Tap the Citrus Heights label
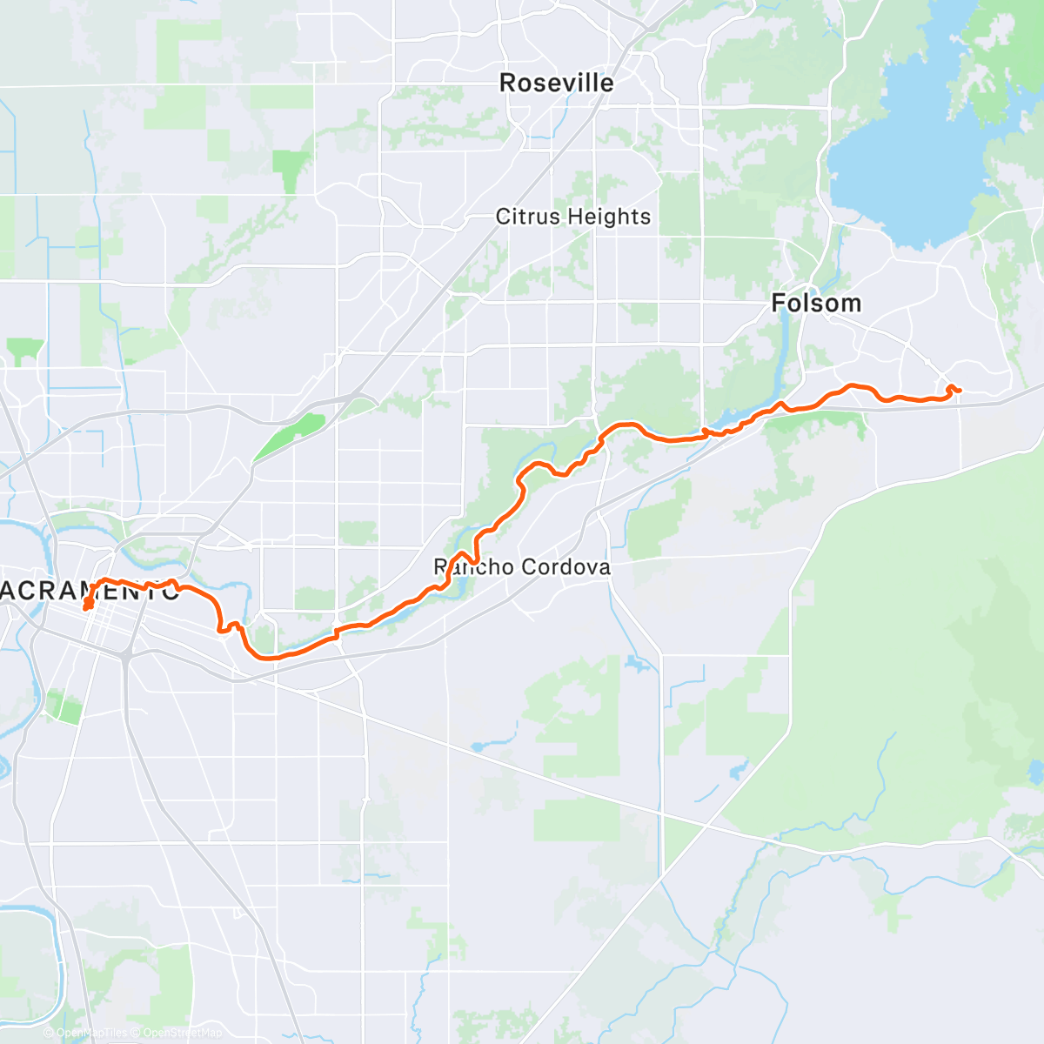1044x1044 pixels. [x=573, y=217]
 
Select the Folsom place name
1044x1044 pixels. [x=816, y=304]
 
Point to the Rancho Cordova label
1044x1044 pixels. [x=522, y=568]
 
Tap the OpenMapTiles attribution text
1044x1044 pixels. [x=91, y=1033]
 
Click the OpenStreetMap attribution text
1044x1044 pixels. [x=182, y=1033]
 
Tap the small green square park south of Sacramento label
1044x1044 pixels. [x=64, y=706]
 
